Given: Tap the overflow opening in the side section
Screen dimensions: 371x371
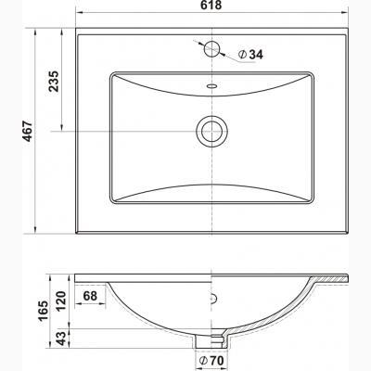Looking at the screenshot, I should pyautogui.click(x=215, y=300).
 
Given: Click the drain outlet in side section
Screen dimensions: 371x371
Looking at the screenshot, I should pyautogui.click(x=215, y=338).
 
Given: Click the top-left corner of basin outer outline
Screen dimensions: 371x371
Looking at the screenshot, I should pyautogui.click(x=74, y=29).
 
